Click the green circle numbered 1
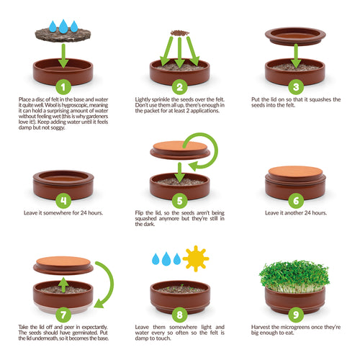[63, 87]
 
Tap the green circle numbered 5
[179, 201]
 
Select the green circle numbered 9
[296, 315]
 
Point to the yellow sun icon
[196, 258]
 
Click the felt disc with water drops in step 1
[63, 35]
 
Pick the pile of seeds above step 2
[180, 33]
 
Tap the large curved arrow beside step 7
[109, 283]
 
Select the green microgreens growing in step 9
[294, 276]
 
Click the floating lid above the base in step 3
[295, 36]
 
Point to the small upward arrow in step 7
[63, 284]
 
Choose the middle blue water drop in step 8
[166, 258]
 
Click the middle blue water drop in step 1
[63, 26]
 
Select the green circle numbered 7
[63, 315]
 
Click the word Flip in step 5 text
[139, 213]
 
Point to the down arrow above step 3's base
[296, 55]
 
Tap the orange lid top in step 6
[295, 171]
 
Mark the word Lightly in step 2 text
[143, 99]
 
